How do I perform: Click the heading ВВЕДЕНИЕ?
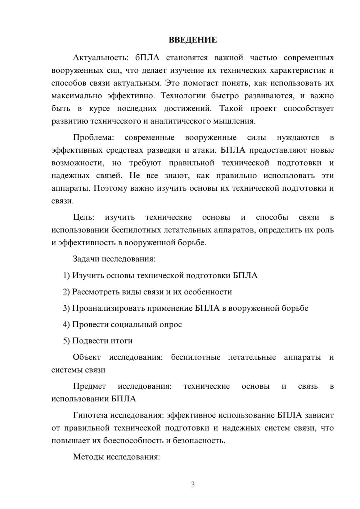click(x=193, y=40)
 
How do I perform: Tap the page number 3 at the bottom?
click(x=193, y=485)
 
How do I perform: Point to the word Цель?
click(x=84, y=217)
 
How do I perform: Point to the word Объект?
click(x=87, y=357)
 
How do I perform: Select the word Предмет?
click(x=89, y=386)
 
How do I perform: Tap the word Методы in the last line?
click(x=87, y=457)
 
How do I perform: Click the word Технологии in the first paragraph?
click(x=183, y=96)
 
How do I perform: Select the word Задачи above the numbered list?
click(x=86, y=259)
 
